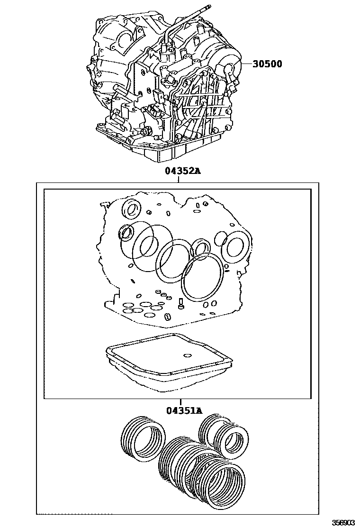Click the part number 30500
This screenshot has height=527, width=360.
tap(267, 64)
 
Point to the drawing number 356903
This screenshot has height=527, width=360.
tap(343, 522)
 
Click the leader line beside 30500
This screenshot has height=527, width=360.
tap(247, 64)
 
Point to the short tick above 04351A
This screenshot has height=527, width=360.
tap(180, 402)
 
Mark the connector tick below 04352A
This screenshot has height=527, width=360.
tap(178, 179)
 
